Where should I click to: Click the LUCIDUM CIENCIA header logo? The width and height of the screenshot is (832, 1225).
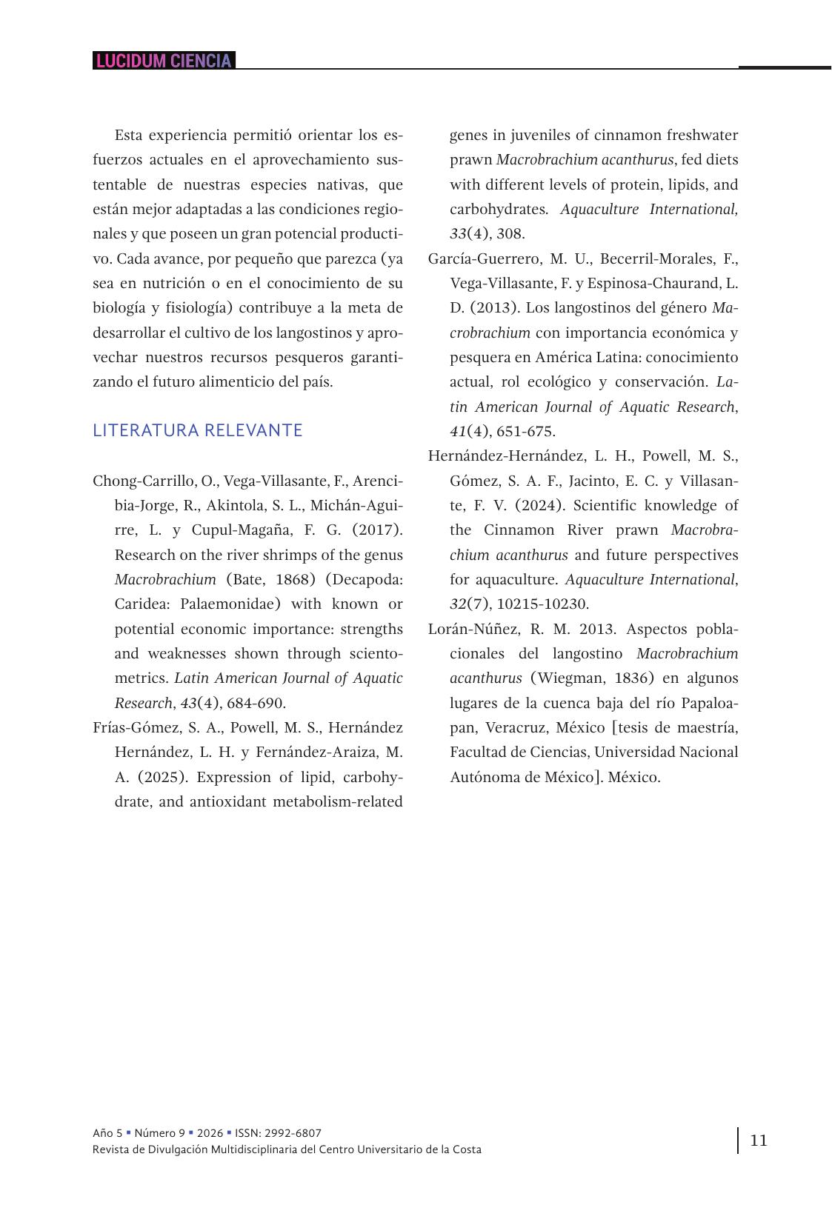(x=164, y=61)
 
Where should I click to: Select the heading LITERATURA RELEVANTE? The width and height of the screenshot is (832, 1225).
(x=198, y=430)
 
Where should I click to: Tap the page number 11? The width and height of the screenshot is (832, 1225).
(x=759, y=1140)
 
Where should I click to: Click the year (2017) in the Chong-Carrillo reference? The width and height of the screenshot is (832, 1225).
(x=376, y=530)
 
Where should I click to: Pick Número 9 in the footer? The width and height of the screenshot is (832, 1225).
(x=160, y=1133)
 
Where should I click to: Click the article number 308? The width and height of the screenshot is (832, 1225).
(x=510, y=234)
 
